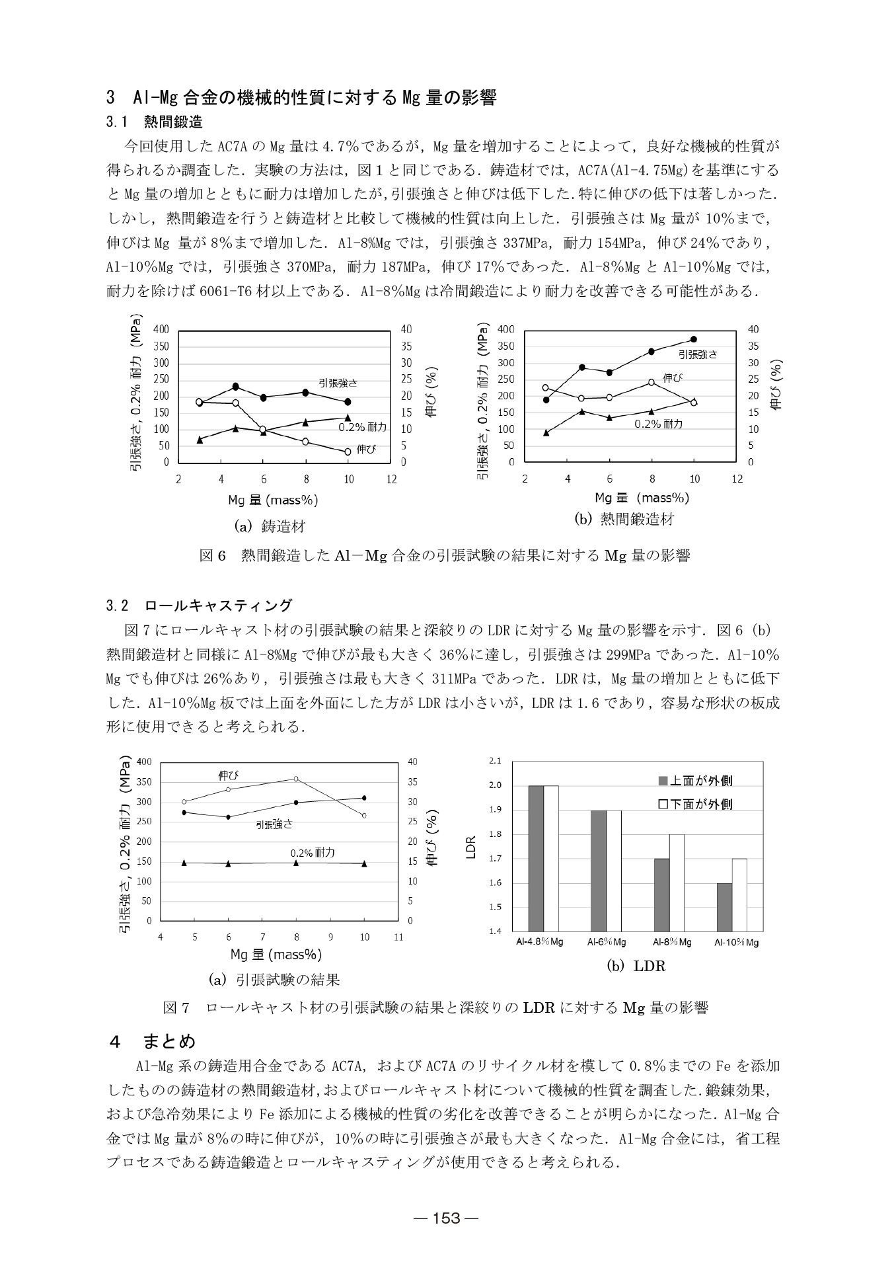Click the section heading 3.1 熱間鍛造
pos(154,122)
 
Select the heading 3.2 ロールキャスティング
pos(199,605)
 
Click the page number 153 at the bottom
pos(446,1218)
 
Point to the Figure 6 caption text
pos(445,555)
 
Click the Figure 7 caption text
pos(435,1007)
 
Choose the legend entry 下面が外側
pos(695,804)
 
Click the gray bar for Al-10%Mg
pos(724,907)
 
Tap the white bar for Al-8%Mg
pos(677,883)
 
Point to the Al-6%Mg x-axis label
pos(607,942)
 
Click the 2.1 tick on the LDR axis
pos(495,761)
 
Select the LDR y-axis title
pos(470,847)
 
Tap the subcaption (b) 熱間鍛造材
pos(624,519)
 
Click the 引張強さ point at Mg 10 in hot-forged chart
pos(694,339)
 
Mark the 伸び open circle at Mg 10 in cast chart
pos(348,452)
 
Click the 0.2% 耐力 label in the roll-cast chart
pos(312,853)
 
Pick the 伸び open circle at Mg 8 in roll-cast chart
pos(296,779)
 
